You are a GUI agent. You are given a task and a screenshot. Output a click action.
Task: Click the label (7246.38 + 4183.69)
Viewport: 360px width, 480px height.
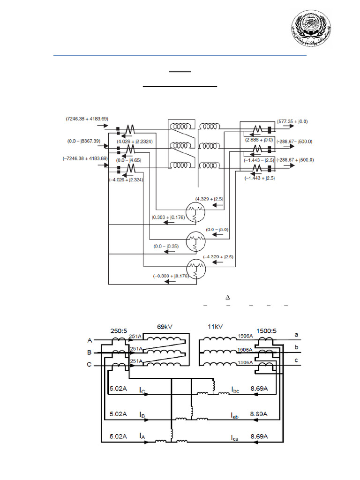tap(87, 119)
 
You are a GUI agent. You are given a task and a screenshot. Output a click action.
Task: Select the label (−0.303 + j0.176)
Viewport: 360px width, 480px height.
tap(170, 276)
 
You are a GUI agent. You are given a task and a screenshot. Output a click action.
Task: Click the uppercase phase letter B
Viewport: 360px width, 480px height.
tap(89, 352)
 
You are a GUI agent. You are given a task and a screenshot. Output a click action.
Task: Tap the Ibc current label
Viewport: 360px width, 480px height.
tap(235, 390)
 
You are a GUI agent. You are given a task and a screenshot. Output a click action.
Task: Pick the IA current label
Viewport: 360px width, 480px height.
tap(142, 436)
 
